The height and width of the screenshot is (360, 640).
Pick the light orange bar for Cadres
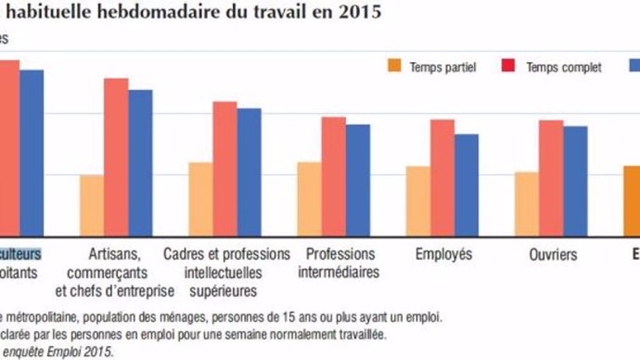(201, 199)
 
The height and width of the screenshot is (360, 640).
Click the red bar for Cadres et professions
(225, 168)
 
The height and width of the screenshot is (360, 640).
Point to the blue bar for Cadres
(249, 172)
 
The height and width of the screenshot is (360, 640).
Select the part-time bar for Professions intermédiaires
(309, 199)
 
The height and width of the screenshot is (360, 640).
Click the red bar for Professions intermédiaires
(333, 176)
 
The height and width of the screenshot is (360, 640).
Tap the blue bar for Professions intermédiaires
(357, 180)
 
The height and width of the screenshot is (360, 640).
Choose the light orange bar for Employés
(418, 201)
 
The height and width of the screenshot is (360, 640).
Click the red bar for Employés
(442, 177)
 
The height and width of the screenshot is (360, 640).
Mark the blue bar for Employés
(466, 184)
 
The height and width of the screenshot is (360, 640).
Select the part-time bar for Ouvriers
(527, 204)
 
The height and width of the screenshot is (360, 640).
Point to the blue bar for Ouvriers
(575, 181)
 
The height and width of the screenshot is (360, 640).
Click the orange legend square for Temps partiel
(394, 66)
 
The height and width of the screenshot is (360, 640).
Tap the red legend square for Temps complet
(510, 66)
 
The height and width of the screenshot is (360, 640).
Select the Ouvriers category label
(553, 254)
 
